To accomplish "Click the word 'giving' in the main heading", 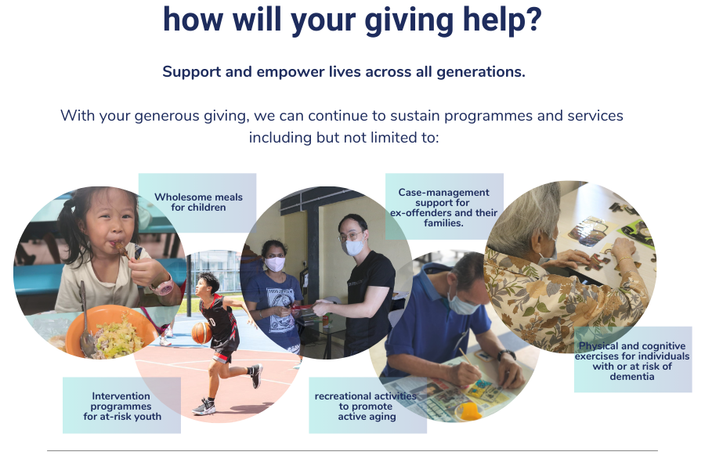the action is click(x=409, y=20).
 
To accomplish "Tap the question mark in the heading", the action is click(x=533, y=19).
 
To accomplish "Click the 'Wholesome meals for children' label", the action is click(x=197, y=202).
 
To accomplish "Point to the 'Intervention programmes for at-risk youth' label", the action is click(x=122, y=405).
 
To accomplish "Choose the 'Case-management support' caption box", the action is click(x=444, y=207).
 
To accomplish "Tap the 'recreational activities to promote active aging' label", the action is click(x=367, y=406).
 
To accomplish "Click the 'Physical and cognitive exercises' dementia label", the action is click(x=633, y=360).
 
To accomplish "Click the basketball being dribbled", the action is click(x=201, y=333).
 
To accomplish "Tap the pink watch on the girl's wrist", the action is click(x=162, y=285).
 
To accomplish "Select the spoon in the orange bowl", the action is click(x=84, y=320).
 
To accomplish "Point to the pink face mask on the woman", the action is click(x=275, y=263).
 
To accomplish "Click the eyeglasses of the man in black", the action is click(x=351, y=236).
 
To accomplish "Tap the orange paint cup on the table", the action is click(x=468, y=410).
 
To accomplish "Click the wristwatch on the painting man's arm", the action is click(x=507, y=355).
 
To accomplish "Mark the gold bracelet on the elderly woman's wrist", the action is click(x=624, y=259).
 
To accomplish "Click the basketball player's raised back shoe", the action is click(x=256, y=377).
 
